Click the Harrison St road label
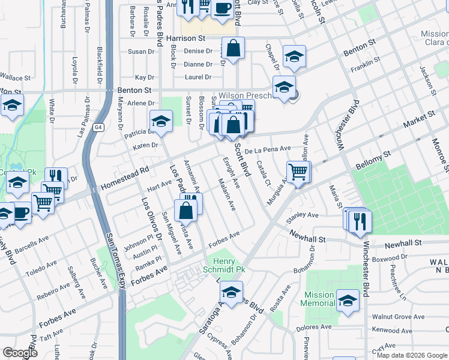pos(186,38)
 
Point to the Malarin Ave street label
pos(227,194)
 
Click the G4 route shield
pos(98,127)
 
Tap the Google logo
pos(20,353)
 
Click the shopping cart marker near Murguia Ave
pos(298,172)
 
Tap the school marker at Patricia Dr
pos(160,121)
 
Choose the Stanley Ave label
pos(304,215)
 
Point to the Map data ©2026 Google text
pos(412,355)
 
